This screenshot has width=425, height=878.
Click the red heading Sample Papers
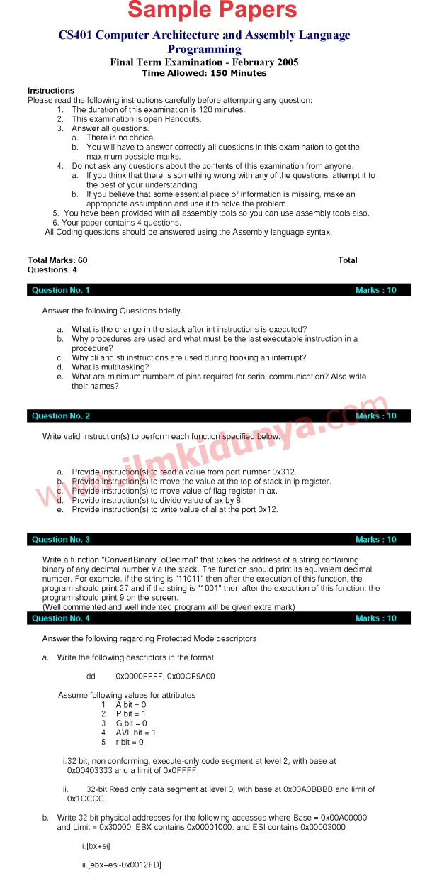point(212,11)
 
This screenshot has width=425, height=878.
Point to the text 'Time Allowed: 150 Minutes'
point(204,73)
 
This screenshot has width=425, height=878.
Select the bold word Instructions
point(51,91)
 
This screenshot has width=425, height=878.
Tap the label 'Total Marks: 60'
point(57,260)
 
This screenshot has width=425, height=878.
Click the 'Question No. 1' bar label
point(61,290)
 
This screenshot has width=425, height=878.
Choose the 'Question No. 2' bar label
point(61,416)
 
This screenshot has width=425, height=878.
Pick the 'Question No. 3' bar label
point(61,540)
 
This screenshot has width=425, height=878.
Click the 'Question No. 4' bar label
point(61,618)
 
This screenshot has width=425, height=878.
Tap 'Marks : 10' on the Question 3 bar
point(376,540)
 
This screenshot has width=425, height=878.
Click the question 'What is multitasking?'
point(110,367)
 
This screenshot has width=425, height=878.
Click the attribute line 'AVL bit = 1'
point(136,733)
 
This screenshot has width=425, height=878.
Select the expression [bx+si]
point(98,846)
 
